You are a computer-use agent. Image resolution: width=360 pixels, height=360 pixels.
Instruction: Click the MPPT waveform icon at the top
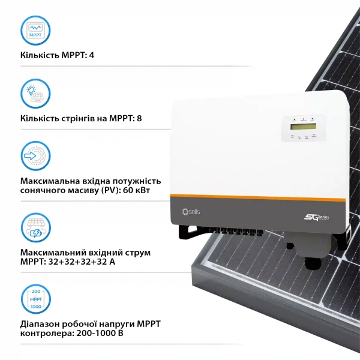(35, 31)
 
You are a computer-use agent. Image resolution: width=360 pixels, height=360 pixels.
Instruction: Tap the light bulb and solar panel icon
(35, 94)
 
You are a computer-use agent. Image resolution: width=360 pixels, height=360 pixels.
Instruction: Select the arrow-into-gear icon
(35, 155)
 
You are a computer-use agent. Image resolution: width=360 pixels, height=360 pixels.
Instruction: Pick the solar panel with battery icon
(35, 227)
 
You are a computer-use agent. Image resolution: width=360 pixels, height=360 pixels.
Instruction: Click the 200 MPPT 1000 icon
(35, 299)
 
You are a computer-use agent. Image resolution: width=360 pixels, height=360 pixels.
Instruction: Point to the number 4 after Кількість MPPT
(92, 56)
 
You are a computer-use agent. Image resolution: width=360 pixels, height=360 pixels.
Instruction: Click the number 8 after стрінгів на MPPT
(139, 118)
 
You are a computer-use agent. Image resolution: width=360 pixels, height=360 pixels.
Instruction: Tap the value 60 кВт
(136, 190)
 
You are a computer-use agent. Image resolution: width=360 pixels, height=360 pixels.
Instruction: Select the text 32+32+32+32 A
(82, 262)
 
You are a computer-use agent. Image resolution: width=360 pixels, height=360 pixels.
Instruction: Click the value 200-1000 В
(100, 333)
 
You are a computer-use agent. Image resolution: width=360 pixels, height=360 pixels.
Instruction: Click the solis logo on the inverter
(191, 211)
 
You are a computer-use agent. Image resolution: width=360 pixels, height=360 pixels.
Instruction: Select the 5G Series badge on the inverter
(316, 217)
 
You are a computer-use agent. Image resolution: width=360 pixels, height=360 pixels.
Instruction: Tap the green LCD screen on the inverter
(303, 126)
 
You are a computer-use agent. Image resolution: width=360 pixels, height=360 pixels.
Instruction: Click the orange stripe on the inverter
(257, 197)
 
